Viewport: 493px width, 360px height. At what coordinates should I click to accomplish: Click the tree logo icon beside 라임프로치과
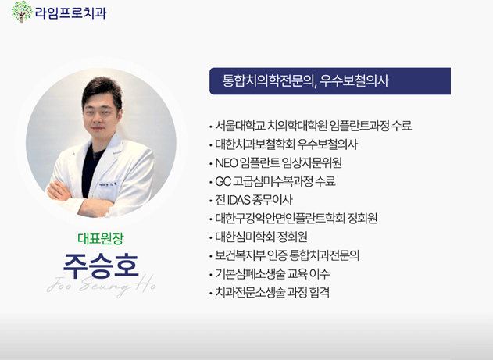(x=22, y=12)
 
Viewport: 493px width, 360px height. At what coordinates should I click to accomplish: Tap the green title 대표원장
(x=101, y=238)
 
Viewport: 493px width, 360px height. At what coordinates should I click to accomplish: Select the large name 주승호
(x=101, y=266)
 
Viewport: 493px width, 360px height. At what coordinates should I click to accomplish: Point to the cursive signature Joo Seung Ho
(x=101, y=285)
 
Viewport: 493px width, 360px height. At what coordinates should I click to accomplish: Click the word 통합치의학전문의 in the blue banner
(x=266, y=80)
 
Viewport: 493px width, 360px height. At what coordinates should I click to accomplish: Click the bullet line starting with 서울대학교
(x=313, y=126)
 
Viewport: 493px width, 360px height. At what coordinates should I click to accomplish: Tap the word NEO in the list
(x=227, y=163)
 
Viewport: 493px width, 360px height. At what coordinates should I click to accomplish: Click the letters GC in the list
(x=223, y=182)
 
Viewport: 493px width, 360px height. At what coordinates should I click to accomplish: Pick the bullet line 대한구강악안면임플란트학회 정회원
(x=296, y=219)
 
